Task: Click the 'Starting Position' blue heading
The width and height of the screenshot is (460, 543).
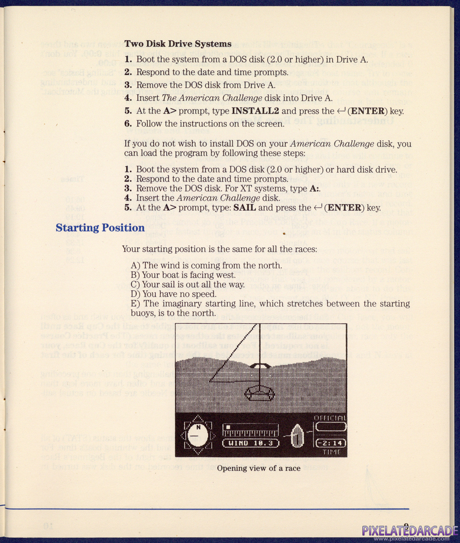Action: click(100, 228)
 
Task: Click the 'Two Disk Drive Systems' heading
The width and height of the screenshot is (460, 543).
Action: click(177, 44)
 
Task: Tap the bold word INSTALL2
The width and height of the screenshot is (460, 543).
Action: click(255, 111)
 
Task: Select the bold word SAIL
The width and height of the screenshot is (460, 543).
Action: click(245, 208)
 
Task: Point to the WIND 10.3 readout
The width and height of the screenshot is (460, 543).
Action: click(252, 442)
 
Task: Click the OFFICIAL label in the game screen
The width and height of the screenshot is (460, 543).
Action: click(330, 418)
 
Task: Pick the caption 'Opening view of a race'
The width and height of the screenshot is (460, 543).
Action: click(258, 468)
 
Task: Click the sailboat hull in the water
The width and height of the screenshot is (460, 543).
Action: click(259, 393)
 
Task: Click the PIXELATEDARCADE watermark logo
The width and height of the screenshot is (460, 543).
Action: click(409, 531)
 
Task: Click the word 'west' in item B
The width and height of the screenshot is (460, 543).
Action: click(226, 275)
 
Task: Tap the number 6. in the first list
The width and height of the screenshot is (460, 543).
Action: click(128, 123)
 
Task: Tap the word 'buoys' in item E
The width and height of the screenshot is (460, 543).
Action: click(142, 313)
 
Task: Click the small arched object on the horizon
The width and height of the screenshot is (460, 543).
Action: click(260, 366)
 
